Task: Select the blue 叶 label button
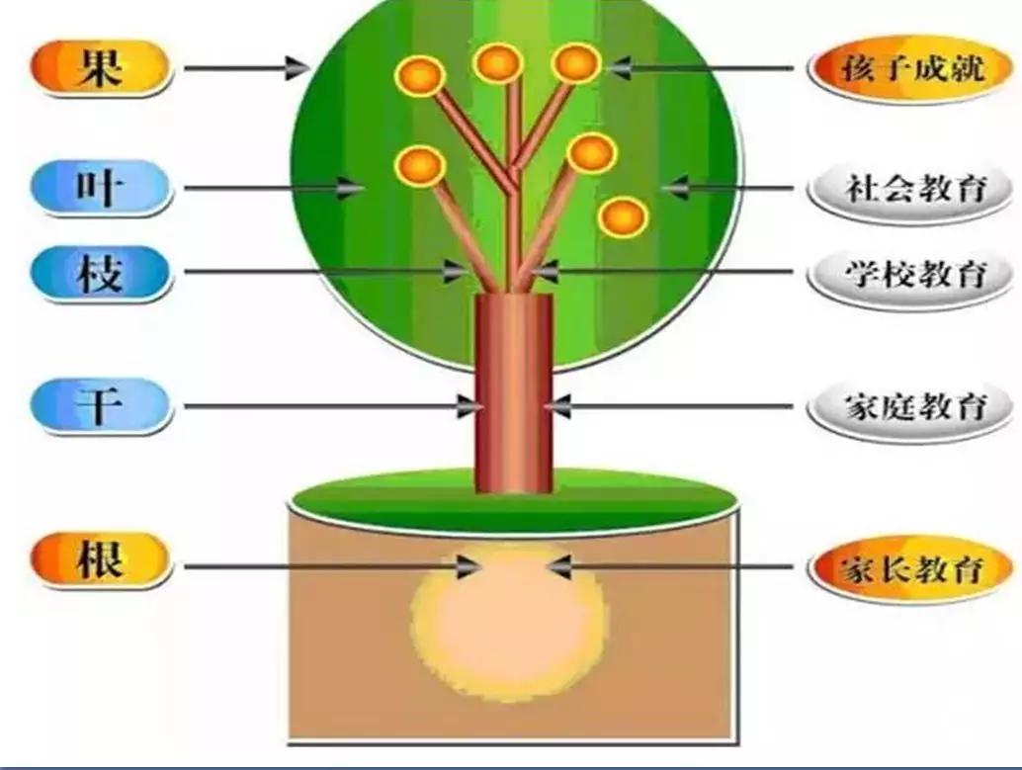tap(101, 186)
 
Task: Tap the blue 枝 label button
tap(101, 272)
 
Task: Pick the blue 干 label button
tap(101, 405)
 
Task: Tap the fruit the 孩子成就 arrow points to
tap(576, 63)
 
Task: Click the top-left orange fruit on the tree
tap(419, 75)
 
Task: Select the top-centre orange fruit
tap(497, 62)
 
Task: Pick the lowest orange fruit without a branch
tap(623, 216)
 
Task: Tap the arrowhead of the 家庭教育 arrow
tap(556, 405)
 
